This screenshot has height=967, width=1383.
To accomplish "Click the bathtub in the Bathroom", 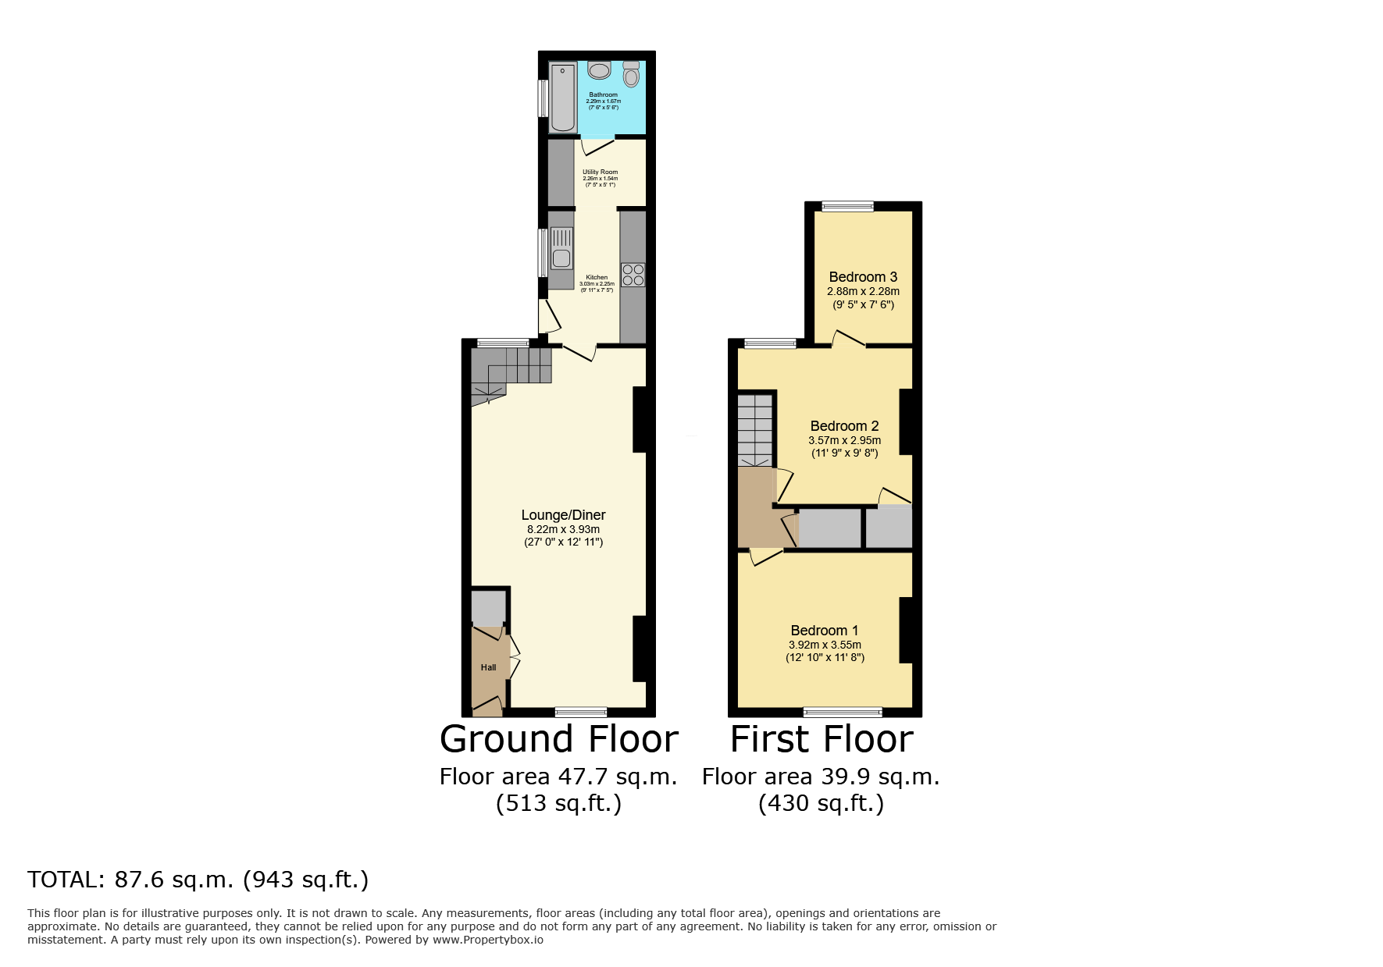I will coord(562,98).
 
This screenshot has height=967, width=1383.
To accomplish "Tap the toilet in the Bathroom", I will coord(631,75).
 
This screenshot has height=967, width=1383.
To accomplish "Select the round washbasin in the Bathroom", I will coord(599,71).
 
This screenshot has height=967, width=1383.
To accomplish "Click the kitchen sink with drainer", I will coord(561,248).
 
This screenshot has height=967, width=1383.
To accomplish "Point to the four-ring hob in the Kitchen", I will coord(633,275).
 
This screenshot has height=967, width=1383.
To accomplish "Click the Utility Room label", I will coord(600,172).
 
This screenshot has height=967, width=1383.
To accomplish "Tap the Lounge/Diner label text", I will coord(563,515).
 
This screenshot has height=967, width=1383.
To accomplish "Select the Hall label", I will coord(488,667).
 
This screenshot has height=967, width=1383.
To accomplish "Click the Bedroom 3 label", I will coord(863,277).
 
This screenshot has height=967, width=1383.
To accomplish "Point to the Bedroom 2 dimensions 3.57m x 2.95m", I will coord(844,440).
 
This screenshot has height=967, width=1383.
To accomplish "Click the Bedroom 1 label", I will coord(824,631).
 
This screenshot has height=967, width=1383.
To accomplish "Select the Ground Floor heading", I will coord(558,739).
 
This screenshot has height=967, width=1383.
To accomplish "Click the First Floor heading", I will coord(821,739).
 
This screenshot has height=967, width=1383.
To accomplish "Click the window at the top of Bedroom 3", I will coord(847,206).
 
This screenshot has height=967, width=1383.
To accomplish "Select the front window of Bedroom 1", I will coord(843,711).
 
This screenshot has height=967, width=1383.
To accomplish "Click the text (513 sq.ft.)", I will coord(558,803).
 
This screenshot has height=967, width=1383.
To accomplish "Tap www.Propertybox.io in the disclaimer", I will coord(487,940).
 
